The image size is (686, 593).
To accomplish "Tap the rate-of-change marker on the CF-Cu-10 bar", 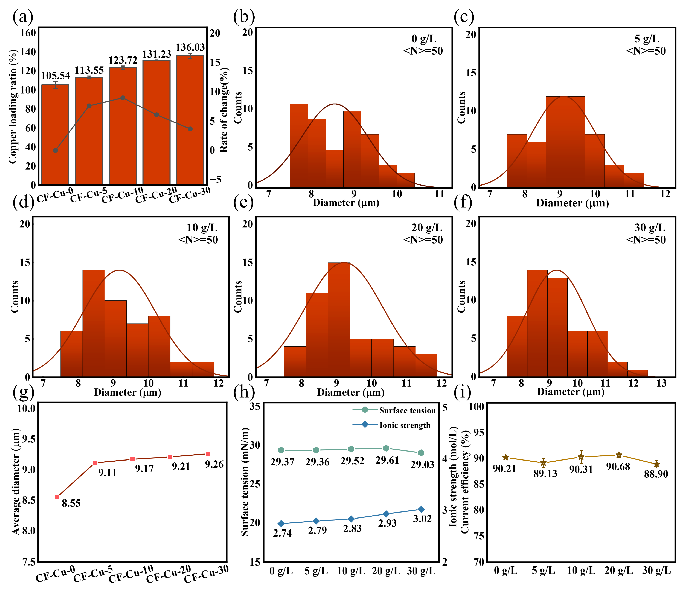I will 123,98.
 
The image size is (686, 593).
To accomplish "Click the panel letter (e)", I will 243,203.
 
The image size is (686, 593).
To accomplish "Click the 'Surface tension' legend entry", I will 407,410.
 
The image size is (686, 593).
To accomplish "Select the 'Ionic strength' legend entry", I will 405,425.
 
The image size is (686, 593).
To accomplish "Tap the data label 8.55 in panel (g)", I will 71,503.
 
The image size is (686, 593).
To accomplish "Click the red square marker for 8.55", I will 57,497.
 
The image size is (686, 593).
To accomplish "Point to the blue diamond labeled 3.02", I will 421,509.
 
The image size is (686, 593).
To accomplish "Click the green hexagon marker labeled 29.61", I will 386,448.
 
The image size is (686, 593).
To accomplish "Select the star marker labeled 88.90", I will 656,464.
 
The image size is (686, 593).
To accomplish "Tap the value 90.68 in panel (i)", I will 618,467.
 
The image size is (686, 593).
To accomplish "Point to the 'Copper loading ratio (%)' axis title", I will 13,107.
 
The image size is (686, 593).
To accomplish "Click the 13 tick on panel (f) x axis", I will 662,383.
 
